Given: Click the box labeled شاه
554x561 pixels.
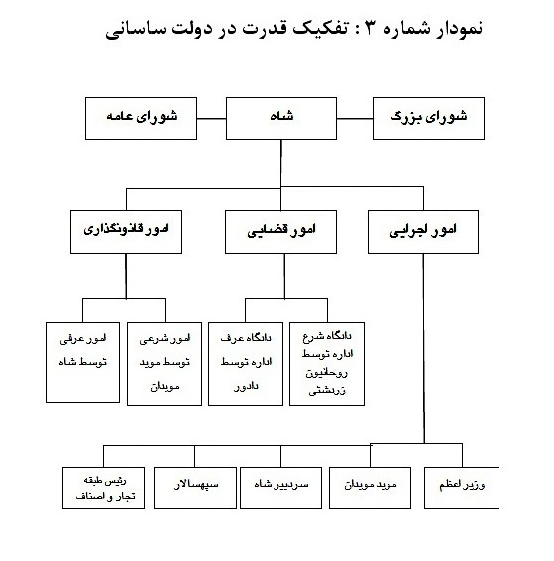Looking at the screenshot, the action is (x=281, y=118).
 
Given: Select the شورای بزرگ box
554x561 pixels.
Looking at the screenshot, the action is (x=428, y=118).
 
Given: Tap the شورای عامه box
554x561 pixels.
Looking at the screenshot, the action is (x=141, y=118).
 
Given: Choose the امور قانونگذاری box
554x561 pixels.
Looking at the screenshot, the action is (x=126, y=232).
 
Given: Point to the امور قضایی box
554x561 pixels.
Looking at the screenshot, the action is (x=280, y=232).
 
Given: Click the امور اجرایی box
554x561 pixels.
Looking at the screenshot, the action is (x=423, y=232).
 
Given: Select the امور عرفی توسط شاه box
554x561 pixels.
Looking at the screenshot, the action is (x=82, y=363).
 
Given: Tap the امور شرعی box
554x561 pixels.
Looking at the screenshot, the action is (x=165, y=364).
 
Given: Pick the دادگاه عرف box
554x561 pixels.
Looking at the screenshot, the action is (x=246, y=364).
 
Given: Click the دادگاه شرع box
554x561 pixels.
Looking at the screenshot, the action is (x=327, y=364).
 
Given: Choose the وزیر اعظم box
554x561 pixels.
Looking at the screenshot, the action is (x=462, y=488).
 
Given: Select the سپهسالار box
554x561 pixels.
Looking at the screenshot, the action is (x=195, y=488).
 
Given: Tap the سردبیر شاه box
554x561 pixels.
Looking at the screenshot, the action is (x=280, y=488).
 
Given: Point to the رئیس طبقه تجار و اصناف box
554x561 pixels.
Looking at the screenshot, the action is (x=103, y=488).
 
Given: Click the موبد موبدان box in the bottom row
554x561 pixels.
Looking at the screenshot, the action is (x=370, y=488).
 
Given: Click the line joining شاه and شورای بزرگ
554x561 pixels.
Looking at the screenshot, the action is (x=355, y=118).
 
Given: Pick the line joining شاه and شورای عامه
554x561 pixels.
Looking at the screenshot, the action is (x=211, y=118).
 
